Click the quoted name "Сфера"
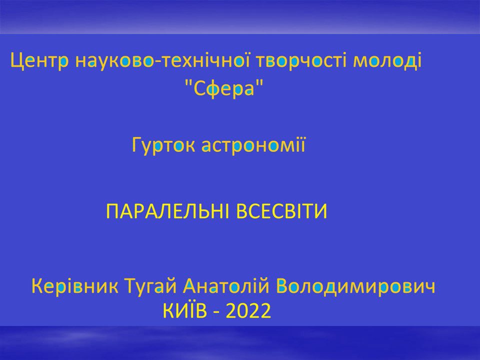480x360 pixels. point(224,88)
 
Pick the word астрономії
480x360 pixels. point(253,145)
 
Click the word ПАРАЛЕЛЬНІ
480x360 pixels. point(167,211)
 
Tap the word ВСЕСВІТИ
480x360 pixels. point(282,211)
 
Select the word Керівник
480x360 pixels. point(75,287)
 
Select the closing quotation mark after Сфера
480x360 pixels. point(260,82)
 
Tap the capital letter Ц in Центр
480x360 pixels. point(17,61)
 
